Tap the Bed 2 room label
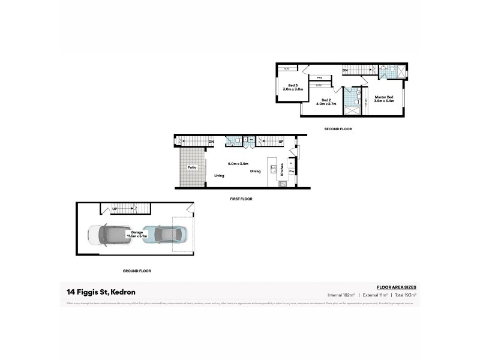(x=327, y=102)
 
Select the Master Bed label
(x=384, y=99)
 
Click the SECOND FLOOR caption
(x=338, y=129)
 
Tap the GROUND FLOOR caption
(x=137, y=271)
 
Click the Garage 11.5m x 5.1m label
(x=137, y=235)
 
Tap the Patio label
(x=192, y=167)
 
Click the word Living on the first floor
(x=219, y=175)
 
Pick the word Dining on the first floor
(x=255, y=172)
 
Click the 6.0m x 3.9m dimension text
(x=238, y=163)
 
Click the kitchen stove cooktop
(x=282, y=183)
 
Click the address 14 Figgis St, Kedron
(x=101, y=292)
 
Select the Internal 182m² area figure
(x=341, y=295)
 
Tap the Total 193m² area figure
(x=404, y=295)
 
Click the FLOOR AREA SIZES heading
(x=396, y=288)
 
